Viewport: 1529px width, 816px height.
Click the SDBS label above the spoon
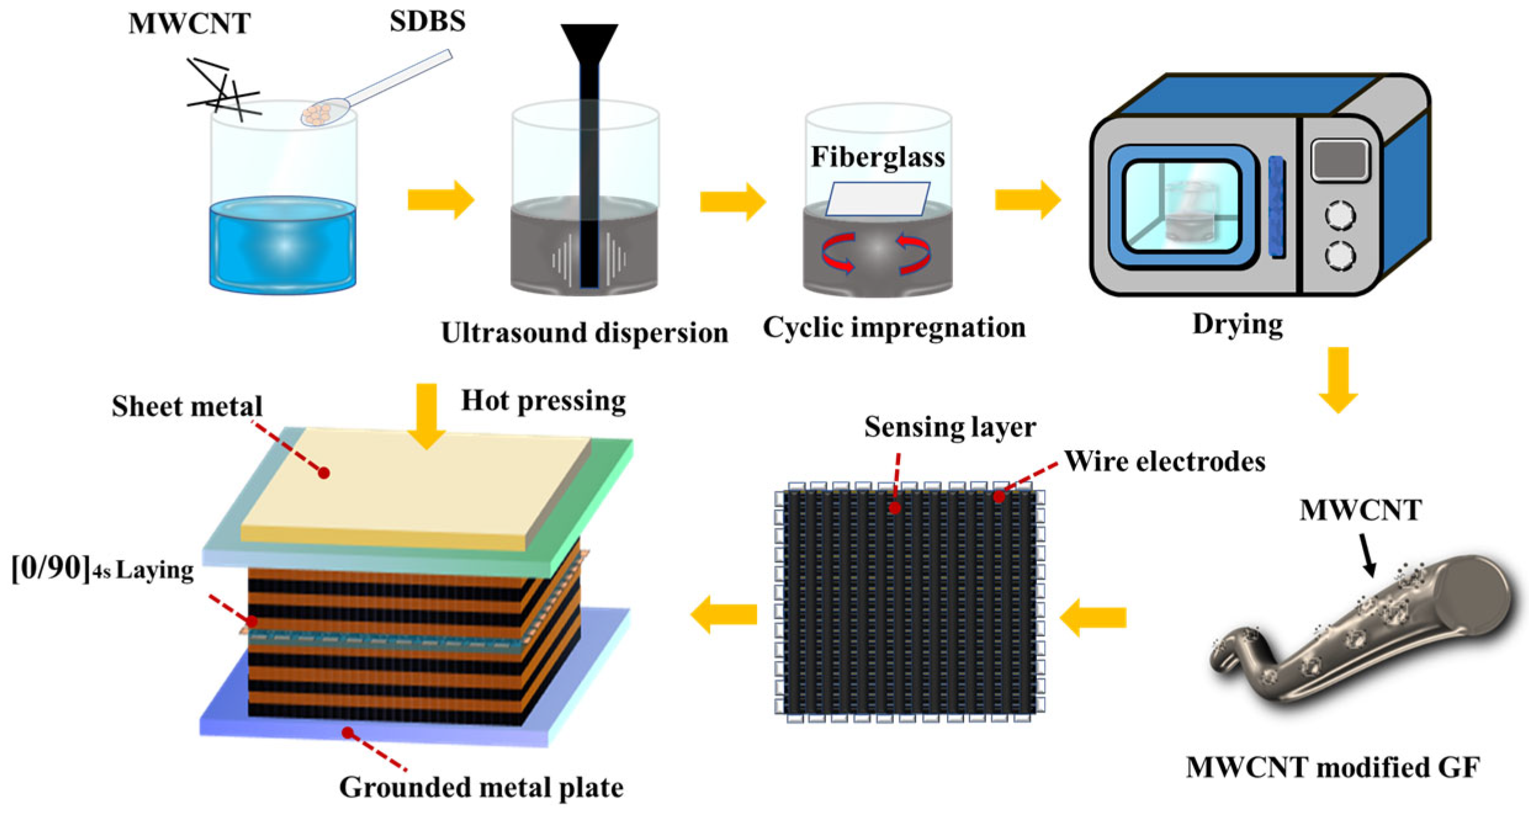[427, 22]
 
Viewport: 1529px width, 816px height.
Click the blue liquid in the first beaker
[283, 246]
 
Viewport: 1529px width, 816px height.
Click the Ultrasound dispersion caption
[584, 333]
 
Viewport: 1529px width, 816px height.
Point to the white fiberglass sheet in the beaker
[877, 198]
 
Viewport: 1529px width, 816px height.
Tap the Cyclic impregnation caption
[894, 327]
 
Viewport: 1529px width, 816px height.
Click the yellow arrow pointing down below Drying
[1337, 379]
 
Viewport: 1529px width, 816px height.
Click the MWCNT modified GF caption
[1332, 767]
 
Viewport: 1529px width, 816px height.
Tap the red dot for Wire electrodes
[999, 496]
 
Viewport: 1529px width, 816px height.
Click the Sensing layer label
[949, 427]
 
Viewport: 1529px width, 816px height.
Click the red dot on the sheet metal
[323, 473]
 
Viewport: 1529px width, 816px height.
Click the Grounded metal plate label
[481, 787]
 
